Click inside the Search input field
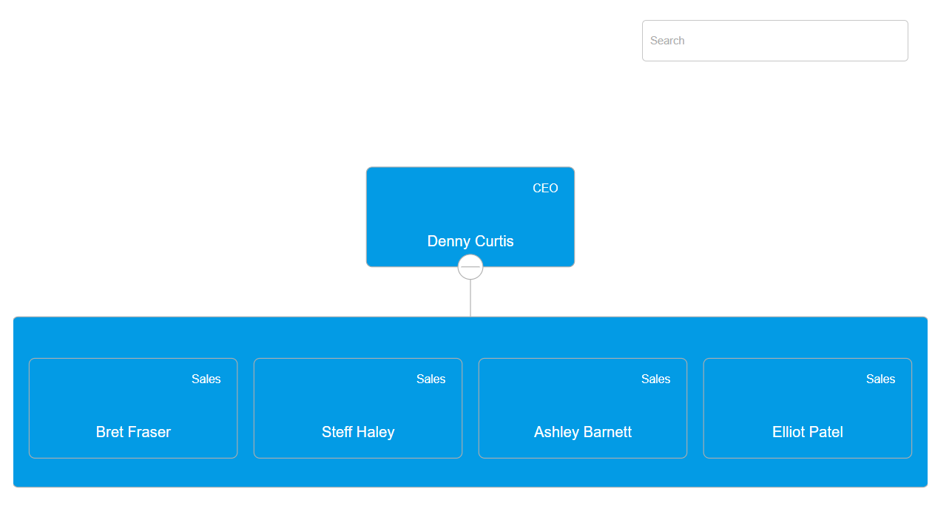(x=774, y=41)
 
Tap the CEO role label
(x=545, y=189)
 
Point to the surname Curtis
(x=493, y=241)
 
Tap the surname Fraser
(x=150, y=432)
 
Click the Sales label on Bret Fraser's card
(x=206, y=379)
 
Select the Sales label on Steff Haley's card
(x=431, y=379)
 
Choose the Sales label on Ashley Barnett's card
(x=655, y=379)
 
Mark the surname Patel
(x=828, y=432)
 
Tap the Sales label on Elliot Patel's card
(x=880, y=379)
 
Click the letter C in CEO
(x=537, y=189)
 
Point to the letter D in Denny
(x=433, y=241)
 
